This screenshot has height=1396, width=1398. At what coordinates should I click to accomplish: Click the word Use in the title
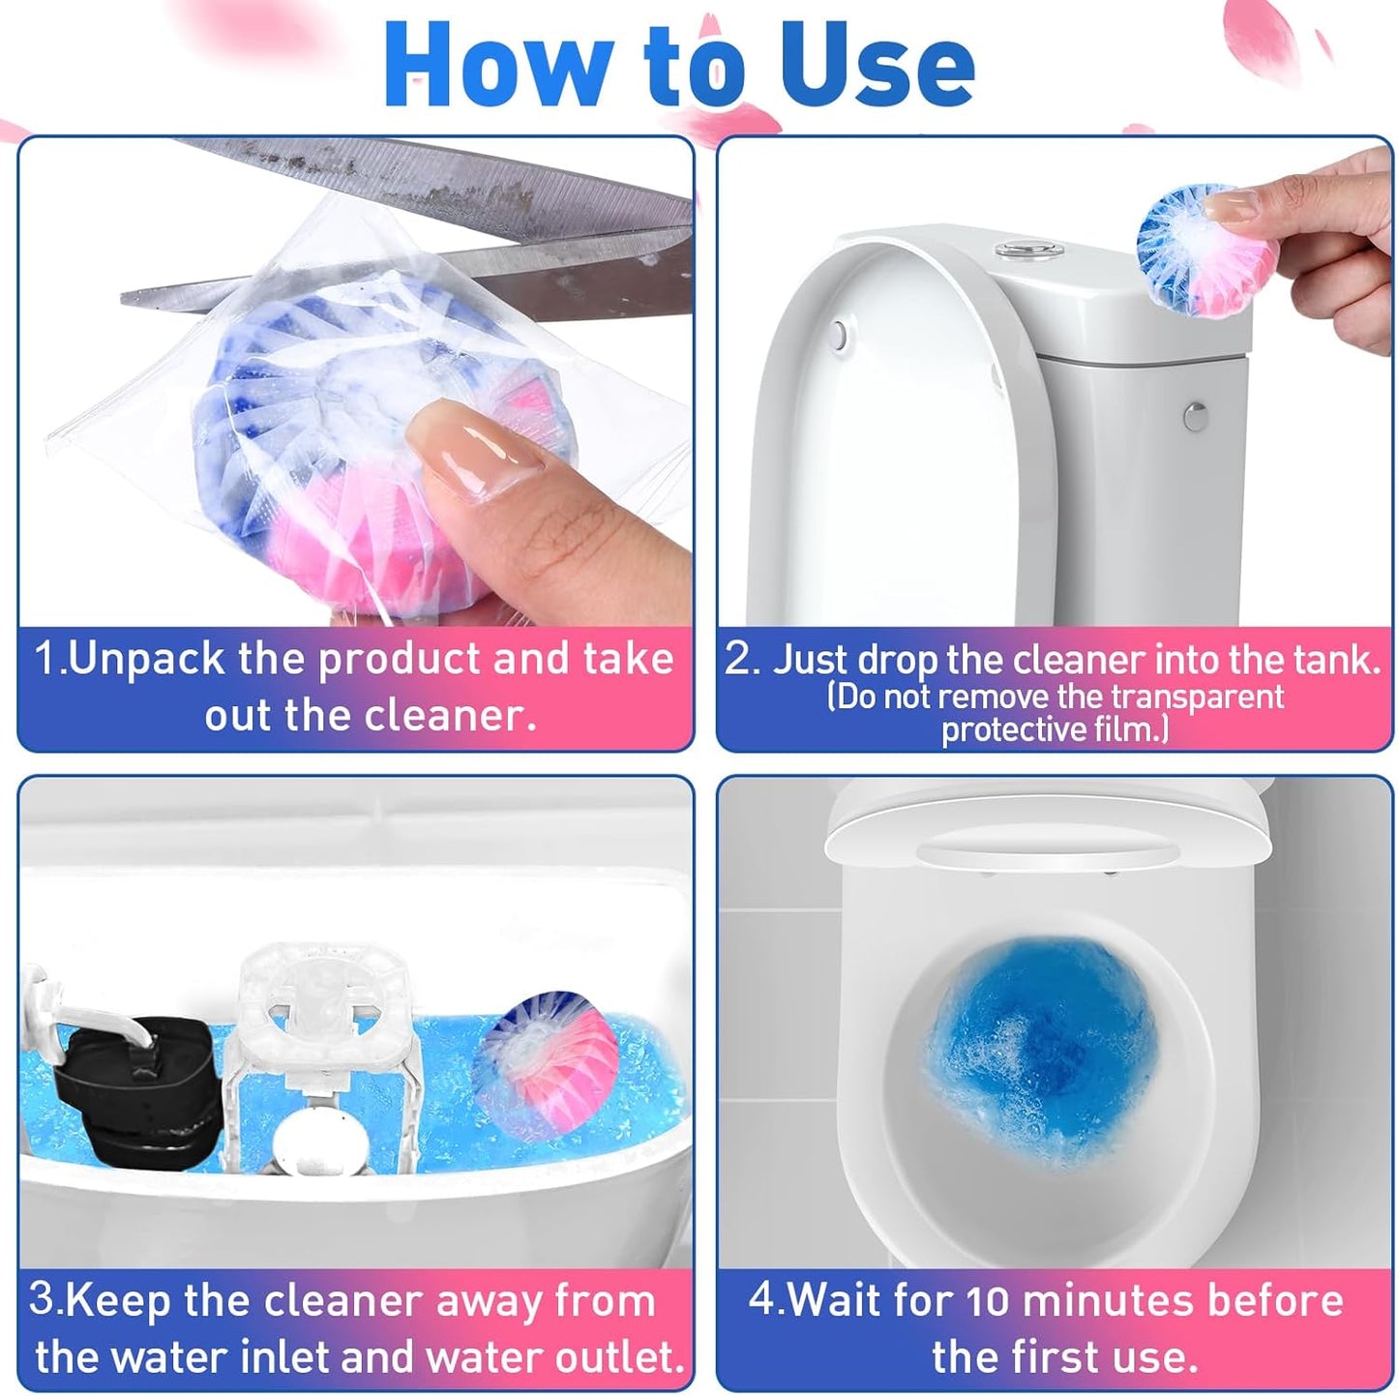(x=876, y=66)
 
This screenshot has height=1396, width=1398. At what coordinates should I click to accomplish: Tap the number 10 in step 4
(x=988, y=1301)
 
